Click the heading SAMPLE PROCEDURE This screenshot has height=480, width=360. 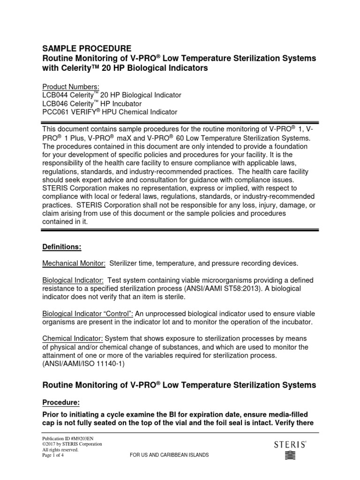[x=87, y=48]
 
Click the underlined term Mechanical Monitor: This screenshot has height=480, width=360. [x=74, y=263]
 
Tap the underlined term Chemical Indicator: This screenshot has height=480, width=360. [x=73, y=339]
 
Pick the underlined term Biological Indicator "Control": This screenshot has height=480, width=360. [x=88, y=314]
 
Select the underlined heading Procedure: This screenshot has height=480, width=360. [x=61, y=402]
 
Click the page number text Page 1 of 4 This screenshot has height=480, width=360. [x=54, y=455]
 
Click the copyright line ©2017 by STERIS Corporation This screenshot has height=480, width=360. [x=72, y=444]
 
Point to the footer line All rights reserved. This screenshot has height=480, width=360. [x=60, y=450]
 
